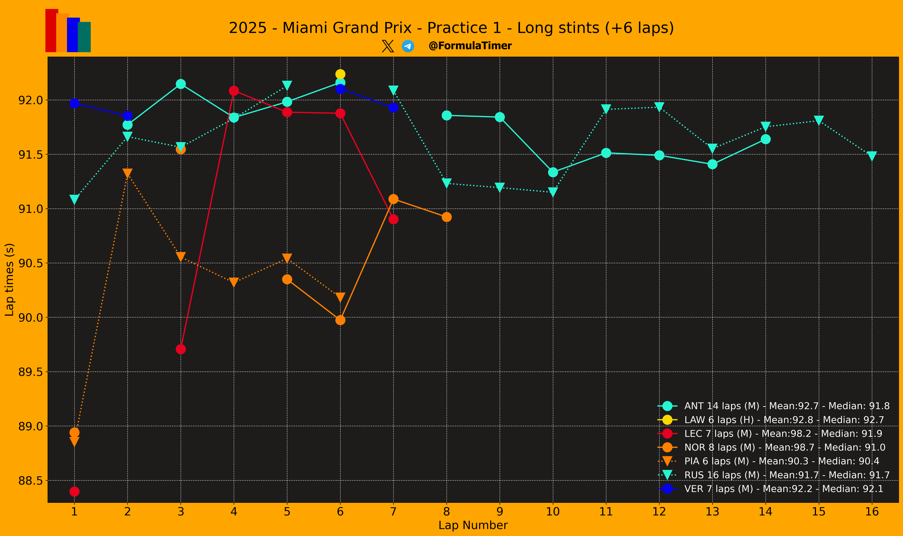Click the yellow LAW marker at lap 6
pos(340,74)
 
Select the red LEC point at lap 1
pos(75,491)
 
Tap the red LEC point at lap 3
pos(181,349)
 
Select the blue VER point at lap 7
pos(393,107)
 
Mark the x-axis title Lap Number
pos(473,525)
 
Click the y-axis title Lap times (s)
pos(9,279)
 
